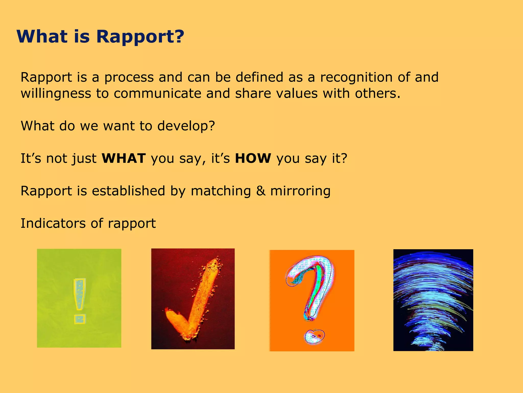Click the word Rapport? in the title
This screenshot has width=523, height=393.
[140, 37]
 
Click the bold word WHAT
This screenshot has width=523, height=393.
[124, 158]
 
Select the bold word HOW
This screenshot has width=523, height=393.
[253, 158]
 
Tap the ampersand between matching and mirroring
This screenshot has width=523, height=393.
[260, 191]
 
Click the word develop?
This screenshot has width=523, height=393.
[186, 126]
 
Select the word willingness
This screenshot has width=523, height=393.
[56, 94]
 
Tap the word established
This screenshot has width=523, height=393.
[128, 191]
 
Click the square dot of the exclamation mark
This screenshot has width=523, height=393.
[80, 319]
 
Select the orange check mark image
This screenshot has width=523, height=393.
[193, 299]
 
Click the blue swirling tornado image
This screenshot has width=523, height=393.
[433, 300]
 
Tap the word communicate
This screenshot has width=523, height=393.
[157, 94]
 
